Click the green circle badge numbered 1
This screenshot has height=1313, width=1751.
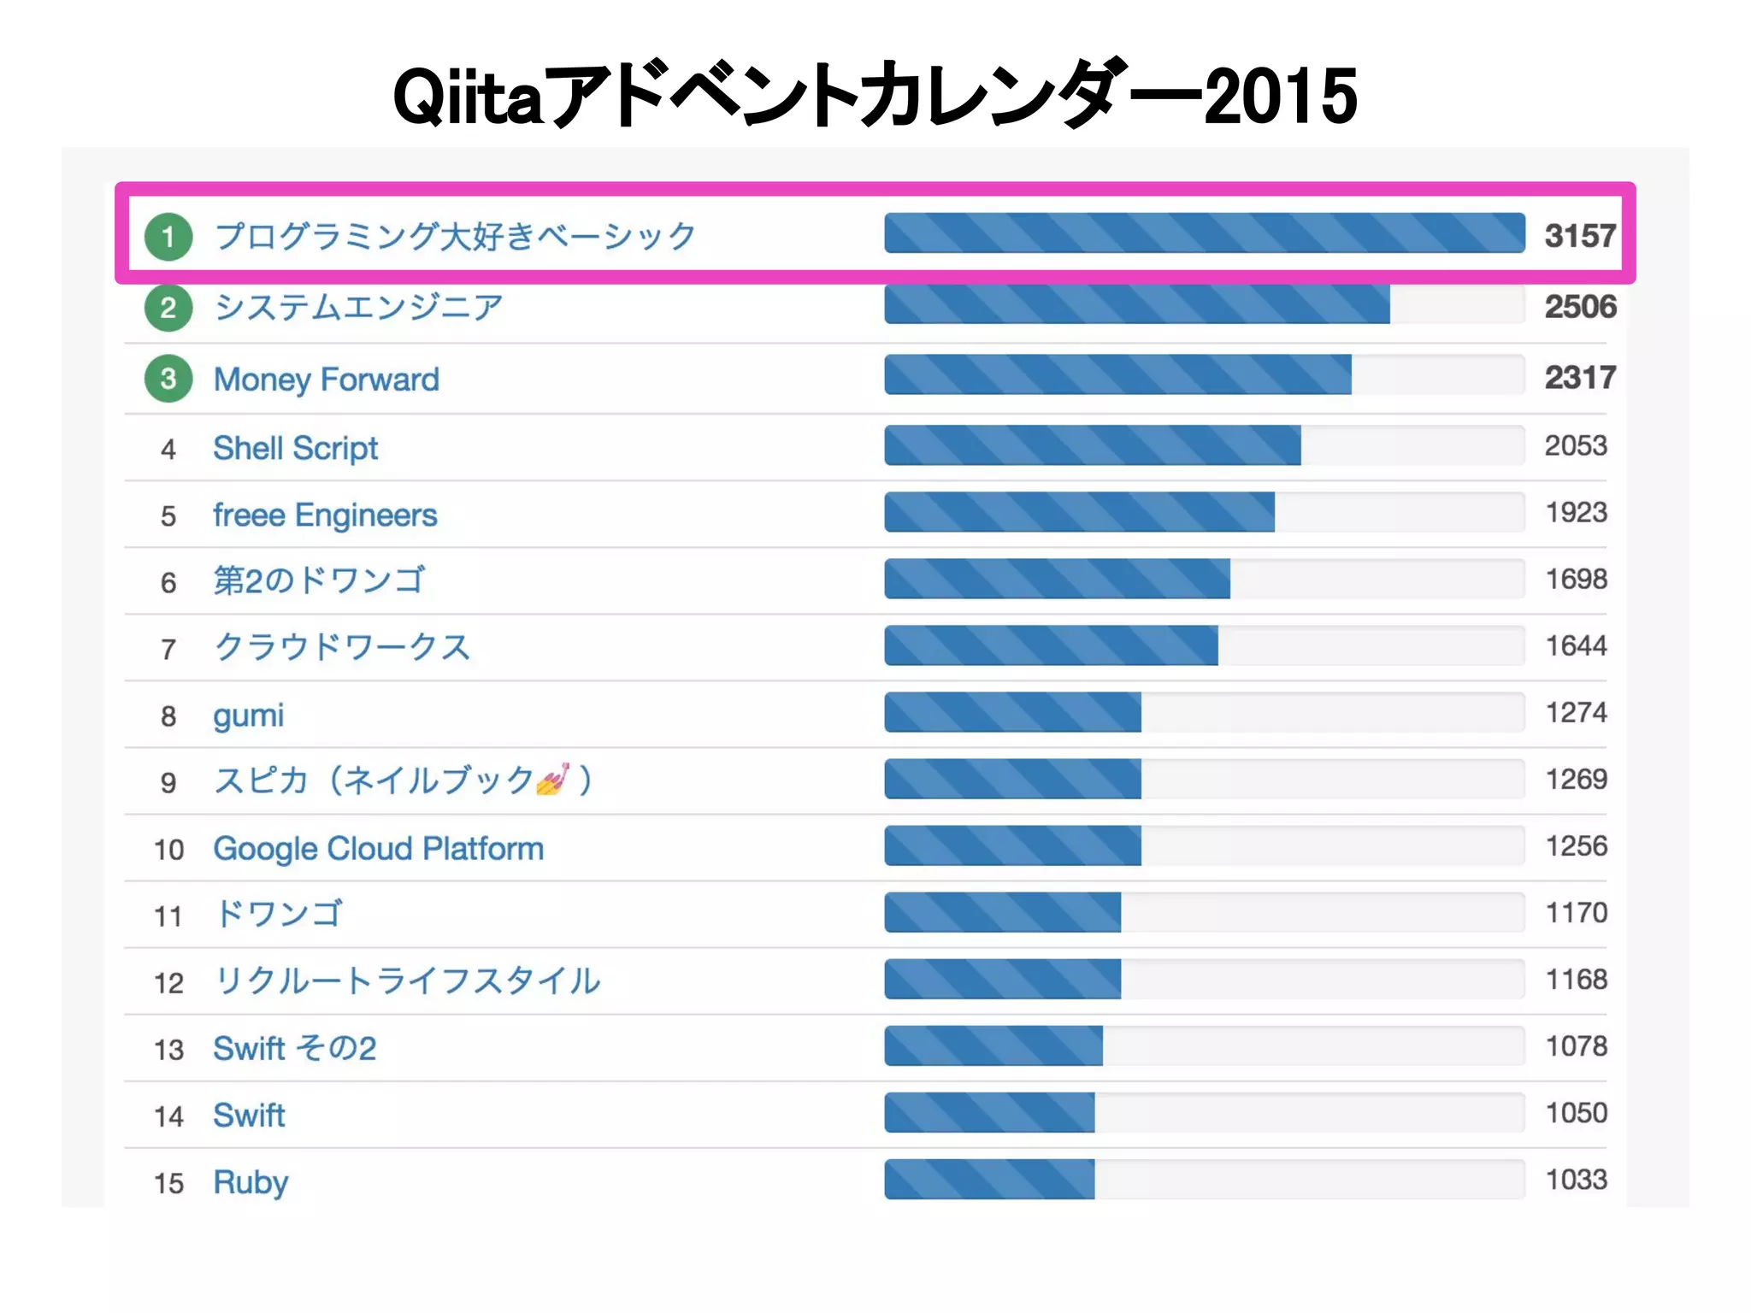tap(168, 237)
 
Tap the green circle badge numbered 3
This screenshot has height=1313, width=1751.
tap(168, 379)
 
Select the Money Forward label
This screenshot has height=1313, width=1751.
tap(326, 380)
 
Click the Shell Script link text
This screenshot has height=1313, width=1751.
tap(295, 448)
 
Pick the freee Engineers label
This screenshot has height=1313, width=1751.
tap(325, 515)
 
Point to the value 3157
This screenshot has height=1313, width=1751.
tap(1579, 236)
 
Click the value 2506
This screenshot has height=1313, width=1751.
tap(1579, 307)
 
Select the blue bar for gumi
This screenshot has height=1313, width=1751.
tap(1012, 712)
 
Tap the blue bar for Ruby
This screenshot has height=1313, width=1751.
tap(989, 1180)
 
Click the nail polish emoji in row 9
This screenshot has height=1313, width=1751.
tap(552, 780)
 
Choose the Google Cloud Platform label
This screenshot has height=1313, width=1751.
tap(378, 849)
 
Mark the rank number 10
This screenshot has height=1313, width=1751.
tap(168, 850)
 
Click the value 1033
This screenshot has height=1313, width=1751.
tap(1576, 1180)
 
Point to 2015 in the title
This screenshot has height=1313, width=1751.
tap(1280, 96)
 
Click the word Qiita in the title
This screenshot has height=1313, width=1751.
tap(469, 96)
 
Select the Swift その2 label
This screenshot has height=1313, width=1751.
tap(294, 1048)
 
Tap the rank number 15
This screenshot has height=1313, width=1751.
tap(168, 1183)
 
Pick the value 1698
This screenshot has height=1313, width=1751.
tap(1576, 580)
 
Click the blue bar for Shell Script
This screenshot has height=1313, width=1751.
tap(1092, 445)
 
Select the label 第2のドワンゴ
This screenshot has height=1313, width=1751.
tap(318, 580)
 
